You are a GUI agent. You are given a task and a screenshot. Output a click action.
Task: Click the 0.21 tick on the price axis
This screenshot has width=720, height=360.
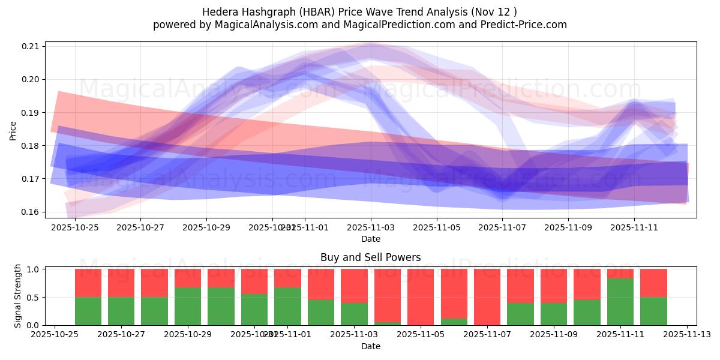31,46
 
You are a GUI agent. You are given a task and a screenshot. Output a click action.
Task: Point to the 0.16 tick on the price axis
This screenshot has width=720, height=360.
31,212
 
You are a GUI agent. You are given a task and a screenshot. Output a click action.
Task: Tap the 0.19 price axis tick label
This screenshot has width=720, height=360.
31,113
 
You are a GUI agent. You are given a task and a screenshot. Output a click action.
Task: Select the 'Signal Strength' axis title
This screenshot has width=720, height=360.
18,295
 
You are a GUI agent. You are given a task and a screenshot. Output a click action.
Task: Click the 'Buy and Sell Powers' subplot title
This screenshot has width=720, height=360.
370,257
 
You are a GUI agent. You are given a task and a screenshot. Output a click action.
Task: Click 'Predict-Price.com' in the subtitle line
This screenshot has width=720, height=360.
521,25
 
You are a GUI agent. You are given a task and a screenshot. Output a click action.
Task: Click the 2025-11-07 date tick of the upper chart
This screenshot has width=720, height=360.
502,227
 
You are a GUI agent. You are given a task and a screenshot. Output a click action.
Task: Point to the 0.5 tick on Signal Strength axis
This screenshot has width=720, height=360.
33,298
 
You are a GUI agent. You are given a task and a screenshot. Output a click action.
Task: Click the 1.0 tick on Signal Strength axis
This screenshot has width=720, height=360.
33,269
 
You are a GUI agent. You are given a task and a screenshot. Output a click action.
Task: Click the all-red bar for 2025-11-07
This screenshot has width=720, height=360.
487,297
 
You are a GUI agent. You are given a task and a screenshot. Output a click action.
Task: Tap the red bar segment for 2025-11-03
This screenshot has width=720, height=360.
354,286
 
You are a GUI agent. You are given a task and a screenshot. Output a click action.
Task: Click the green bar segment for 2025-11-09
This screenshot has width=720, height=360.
553,314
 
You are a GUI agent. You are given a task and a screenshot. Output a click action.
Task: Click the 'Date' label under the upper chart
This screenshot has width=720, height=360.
370,239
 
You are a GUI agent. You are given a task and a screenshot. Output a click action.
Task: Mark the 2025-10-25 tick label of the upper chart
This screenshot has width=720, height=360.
75,227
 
